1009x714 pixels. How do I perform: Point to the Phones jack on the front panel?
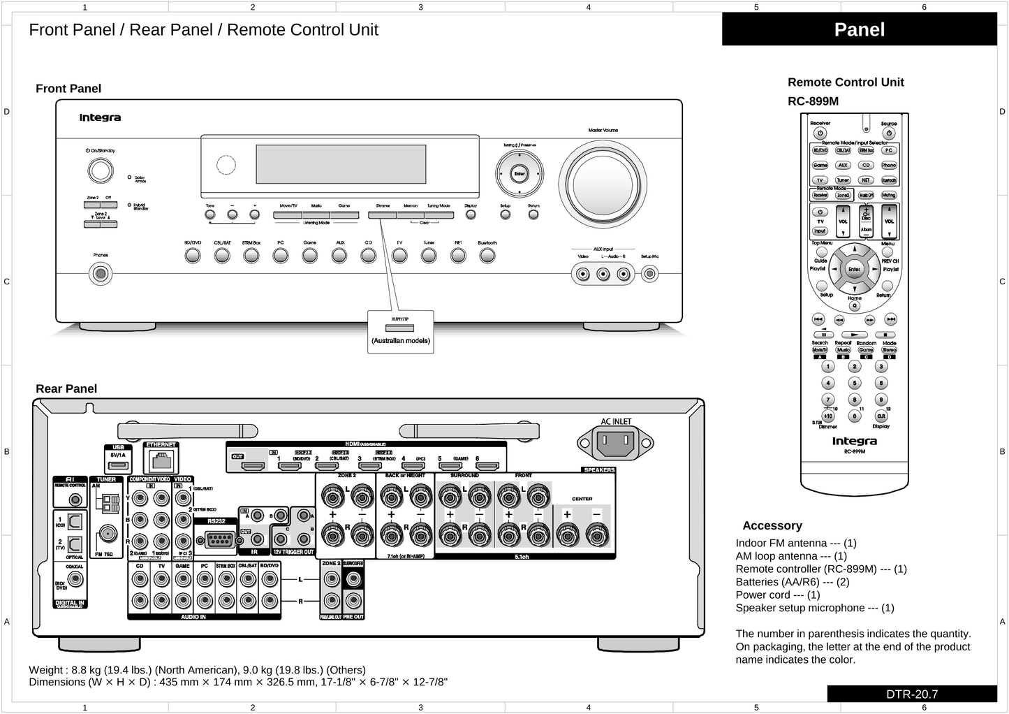click(101, 273)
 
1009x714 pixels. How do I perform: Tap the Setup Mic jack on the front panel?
click(649, 274)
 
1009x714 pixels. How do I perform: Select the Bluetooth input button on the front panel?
click(487, 256)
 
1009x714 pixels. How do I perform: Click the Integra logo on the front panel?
click(100, 118)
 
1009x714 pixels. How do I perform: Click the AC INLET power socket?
click(615, 442)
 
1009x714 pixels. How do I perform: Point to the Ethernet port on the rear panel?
click(161, 460)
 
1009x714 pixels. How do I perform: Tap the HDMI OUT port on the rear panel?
click(256, 466)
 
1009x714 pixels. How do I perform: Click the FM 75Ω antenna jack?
click(108, 534)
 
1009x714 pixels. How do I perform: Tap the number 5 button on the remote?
click(855, 383)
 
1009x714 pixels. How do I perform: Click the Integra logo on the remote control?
click(854, 442)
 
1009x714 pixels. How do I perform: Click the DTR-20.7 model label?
click(912, 694)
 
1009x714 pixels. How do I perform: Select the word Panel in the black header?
click(859, 30)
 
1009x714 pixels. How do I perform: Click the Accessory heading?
click(772, 526)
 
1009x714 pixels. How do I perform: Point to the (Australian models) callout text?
click(401, 342)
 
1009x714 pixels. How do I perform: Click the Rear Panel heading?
click(66, 389)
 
